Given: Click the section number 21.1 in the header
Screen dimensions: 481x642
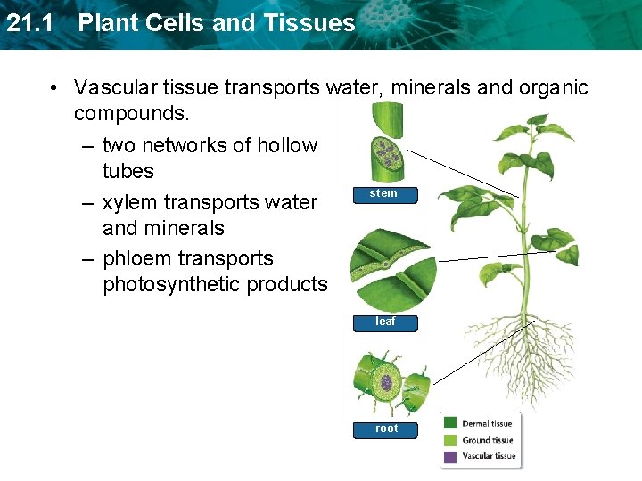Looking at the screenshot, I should coord(34,23).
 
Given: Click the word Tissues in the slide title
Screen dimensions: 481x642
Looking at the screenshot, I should coord(312,23).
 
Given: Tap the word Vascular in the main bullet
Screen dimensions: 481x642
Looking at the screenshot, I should coord(114,87).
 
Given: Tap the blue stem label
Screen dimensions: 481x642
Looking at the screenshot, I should coord(383,193).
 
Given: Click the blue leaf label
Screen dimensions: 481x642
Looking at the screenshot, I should coord(385,322).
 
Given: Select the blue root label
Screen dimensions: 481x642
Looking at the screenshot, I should coord(387,428).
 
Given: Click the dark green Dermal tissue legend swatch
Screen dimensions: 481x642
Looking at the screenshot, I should coord(450,424).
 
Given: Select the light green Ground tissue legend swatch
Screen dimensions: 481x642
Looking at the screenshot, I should coord(450,440).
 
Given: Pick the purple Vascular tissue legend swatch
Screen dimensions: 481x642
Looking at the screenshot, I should coord(450,456).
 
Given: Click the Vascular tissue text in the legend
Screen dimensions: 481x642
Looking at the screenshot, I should coord(489,456).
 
